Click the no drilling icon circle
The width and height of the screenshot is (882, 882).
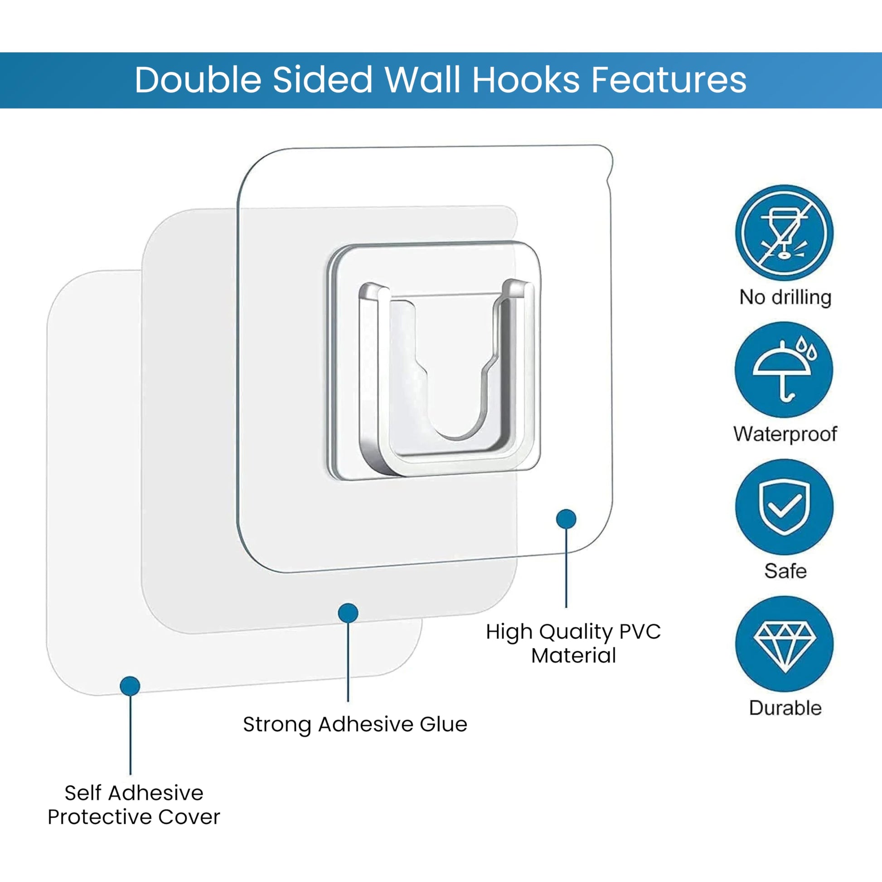point(784,233)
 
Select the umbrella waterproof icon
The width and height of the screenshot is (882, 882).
point(784,370)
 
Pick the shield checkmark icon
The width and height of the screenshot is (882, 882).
point(784,507)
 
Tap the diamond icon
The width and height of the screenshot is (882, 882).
point(784,644)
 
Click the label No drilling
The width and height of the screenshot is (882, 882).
point(785,297)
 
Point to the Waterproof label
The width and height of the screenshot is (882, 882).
point(785,434)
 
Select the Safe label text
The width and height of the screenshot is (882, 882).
point(785,571)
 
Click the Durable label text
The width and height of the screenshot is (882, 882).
point(785,708)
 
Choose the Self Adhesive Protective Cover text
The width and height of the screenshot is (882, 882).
point(134,805)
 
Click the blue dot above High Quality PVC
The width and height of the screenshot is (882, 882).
point(566,519)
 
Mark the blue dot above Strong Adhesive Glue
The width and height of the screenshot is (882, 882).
point(348,613)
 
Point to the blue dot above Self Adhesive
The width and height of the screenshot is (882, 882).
point(130,686)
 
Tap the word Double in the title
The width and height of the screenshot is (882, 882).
point(198,80)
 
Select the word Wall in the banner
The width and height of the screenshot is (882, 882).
point(422,80)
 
